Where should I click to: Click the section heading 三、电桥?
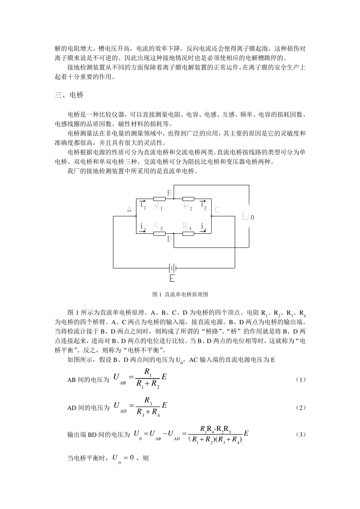coord(69,95)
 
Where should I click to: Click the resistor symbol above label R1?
coord(160,198)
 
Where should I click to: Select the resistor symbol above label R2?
coord(188,198)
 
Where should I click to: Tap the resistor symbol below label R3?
coord(160,233)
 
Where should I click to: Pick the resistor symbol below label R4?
coord(188,233)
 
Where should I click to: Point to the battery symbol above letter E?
coord(173,268)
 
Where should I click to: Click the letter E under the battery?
coord(172,279)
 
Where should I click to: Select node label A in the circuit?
coord(129,209)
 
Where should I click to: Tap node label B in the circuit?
coord(169,193)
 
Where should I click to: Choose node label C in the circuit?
coord(217,209)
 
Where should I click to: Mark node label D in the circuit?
coord(169,239)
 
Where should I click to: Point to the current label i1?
coord(142,205)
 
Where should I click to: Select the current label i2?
coord(203,205)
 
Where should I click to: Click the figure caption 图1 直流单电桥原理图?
coord(180,294)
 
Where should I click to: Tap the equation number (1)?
coord(300,379)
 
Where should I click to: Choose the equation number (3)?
coord(300,435)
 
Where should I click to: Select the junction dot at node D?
coord(174,234)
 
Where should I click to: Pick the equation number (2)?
coord(300,408)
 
